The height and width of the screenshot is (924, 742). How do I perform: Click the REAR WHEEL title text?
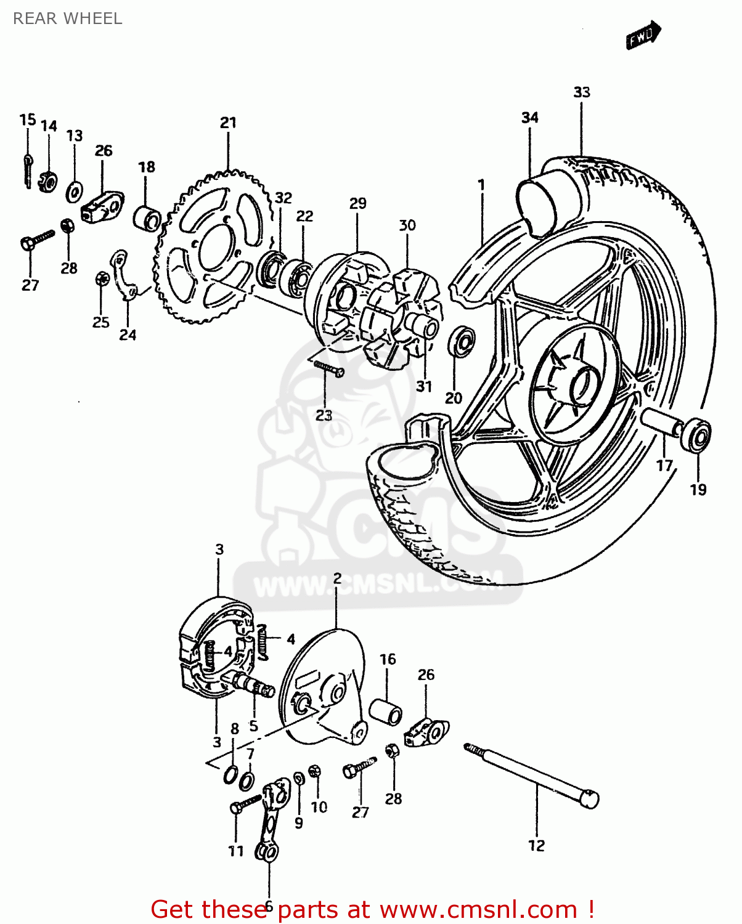pos(67,18)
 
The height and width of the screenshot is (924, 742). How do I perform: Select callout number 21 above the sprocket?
pos(228,123)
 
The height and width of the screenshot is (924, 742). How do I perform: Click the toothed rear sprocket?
pos(213,247)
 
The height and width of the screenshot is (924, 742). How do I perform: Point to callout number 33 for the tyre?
pos(581,92)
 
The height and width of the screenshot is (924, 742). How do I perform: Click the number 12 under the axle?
pos(536,846)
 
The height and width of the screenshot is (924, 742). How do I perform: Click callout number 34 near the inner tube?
pos(529,118)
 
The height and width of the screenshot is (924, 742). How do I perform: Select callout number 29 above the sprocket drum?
pos(357,203)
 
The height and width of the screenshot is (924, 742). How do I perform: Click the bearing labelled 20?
pos(461,342)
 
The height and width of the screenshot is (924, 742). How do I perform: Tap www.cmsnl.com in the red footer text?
pos(478,909)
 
